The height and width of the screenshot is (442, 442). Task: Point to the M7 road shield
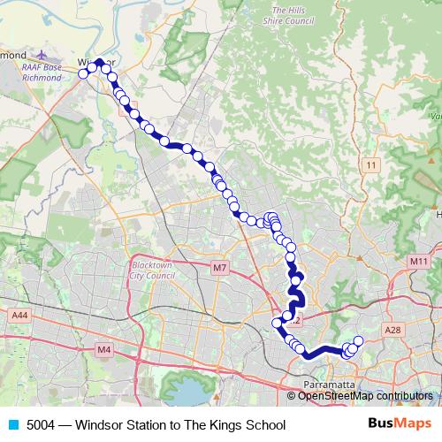[220, 267]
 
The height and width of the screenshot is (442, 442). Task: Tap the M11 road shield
[418, 262]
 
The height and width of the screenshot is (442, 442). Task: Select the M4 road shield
[105, 350]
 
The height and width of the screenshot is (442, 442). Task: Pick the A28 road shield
[393, 329]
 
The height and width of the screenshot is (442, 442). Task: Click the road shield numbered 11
[370, 165]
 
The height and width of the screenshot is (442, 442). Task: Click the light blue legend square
[13, 425]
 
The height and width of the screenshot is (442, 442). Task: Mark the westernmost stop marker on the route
[83, 74]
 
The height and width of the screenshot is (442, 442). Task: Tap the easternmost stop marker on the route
[359, 341]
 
